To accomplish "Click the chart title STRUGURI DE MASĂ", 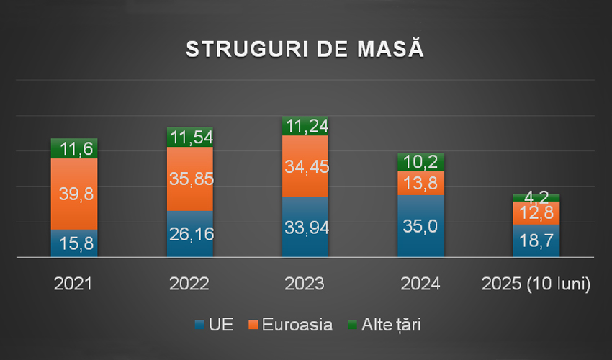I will pos(305,49).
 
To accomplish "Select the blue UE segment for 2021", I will pos(73,243).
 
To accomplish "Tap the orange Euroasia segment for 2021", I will pos(73,194).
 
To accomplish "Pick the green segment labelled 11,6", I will pos(73,149).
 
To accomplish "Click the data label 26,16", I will pos(189,234).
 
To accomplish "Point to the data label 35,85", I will pos(189,179).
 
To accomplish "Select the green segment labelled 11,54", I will pos(189,137).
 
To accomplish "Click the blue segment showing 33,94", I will pos(305,227).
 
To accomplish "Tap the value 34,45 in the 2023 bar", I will pos(305,167).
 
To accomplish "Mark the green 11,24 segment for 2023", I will pos(305,126).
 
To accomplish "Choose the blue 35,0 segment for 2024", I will pos(420,226).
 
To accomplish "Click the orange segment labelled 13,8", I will pos(420,183).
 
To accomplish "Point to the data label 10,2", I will pos(420,162).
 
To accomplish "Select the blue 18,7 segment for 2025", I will pos(536,241).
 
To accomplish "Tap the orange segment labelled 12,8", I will pos(536,213).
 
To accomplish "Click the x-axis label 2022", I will pos(189,284).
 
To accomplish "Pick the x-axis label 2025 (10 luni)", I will pos(536,284).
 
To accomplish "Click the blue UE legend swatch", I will pos(199,325).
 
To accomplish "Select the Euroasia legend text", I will pos(297,325).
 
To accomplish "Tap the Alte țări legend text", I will pos(390,325).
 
